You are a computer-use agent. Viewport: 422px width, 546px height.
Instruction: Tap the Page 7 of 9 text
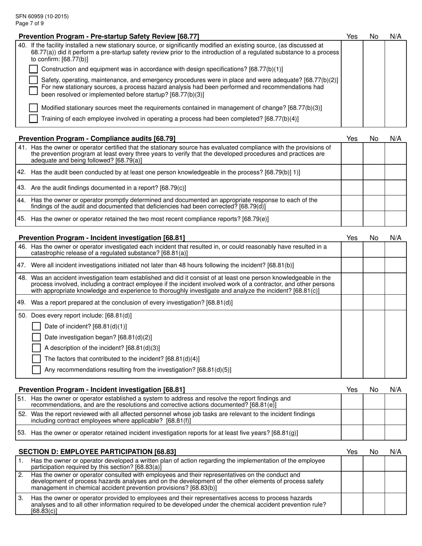[x=29, y=23]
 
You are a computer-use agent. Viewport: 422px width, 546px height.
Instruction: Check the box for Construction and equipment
[x=33, y=69]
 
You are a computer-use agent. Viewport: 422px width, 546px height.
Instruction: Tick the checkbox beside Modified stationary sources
[x=33, y=108]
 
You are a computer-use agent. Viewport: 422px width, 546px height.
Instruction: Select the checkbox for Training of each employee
[x=33, y=119]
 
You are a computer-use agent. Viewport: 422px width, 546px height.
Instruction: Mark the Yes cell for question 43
[x=352, y=188]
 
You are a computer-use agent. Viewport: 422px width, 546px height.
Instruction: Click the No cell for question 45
[x=374, y=219]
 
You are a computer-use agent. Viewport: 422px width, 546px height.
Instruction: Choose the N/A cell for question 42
[x=395, y=172]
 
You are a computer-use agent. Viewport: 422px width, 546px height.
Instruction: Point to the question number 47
[x=22, y=265]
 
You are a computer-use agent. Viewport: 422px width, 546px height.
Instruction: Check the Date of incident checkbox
[x=37, y=326]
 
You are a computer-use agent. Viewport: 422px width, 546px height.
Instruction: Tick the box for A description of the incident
[x=37, y=348]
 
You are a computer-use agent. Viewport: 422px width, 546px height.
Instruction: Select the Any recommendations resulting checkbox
[x=37, y=370]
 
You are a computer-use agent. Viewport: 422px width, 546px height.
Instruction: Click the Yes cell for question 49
[x=352, y=302]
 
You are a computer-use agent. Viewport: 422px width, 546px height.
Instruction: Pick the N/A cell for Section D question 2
[x=395, y=482]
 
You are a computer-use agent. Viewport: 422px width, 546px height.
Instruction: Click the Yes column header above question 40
[x=352, y=36]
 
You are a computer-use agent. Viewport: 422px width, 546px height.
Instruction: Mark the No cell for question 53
[x=374, y=433]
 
